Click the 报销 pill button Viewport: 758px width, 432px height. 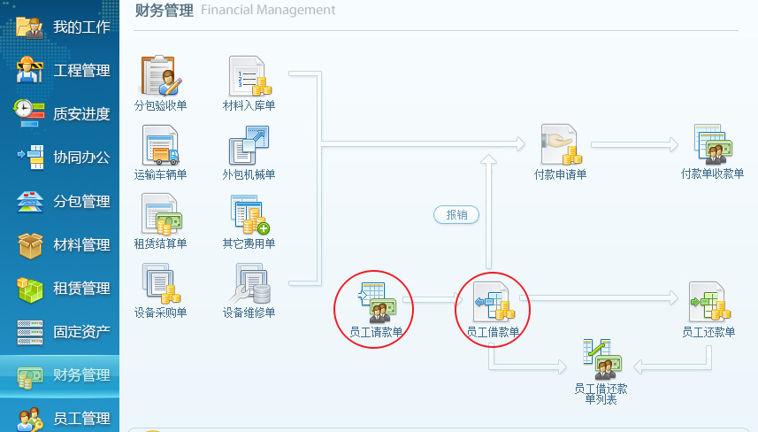(456, 215)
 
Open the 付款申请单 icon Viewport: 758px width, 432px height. (560, 144)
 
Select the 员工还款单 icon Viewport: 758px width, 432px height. (708, 302)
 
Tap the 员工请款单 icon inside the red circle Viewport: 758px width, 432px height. (377, 303)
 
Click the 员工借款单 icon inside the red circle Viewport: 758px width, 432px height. (494, 302)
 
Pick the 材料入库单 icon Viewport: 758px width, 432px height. (249, 76)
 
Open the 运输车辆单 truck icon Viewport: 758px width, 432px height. (160, 145)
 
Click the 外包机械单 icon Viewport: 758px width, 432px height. (249, 145)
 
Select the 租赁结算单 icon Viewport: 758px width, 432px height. (162, 214)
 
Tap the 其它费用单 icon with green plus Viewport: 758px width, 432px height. (249, 214)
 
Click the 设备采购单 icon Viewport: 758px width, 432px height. (161, 283)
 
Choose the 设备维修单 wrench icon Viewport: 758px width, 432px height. (249, 283)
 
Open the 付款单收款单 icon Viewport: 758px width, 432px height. (713, 144)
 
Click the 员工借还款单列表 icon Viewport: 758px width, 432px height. (601, 359)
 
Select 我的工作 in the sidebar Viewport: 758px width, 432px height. (81, 27)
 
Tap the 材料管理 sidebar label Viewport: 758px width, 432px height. (81, 245)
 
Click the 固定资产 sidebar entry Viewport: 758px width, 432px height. (81, 332)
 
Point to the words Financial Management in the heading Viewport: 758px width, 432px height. (268, 10)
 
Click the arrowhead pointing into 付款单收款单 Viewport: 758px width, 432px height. (673, 144)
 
